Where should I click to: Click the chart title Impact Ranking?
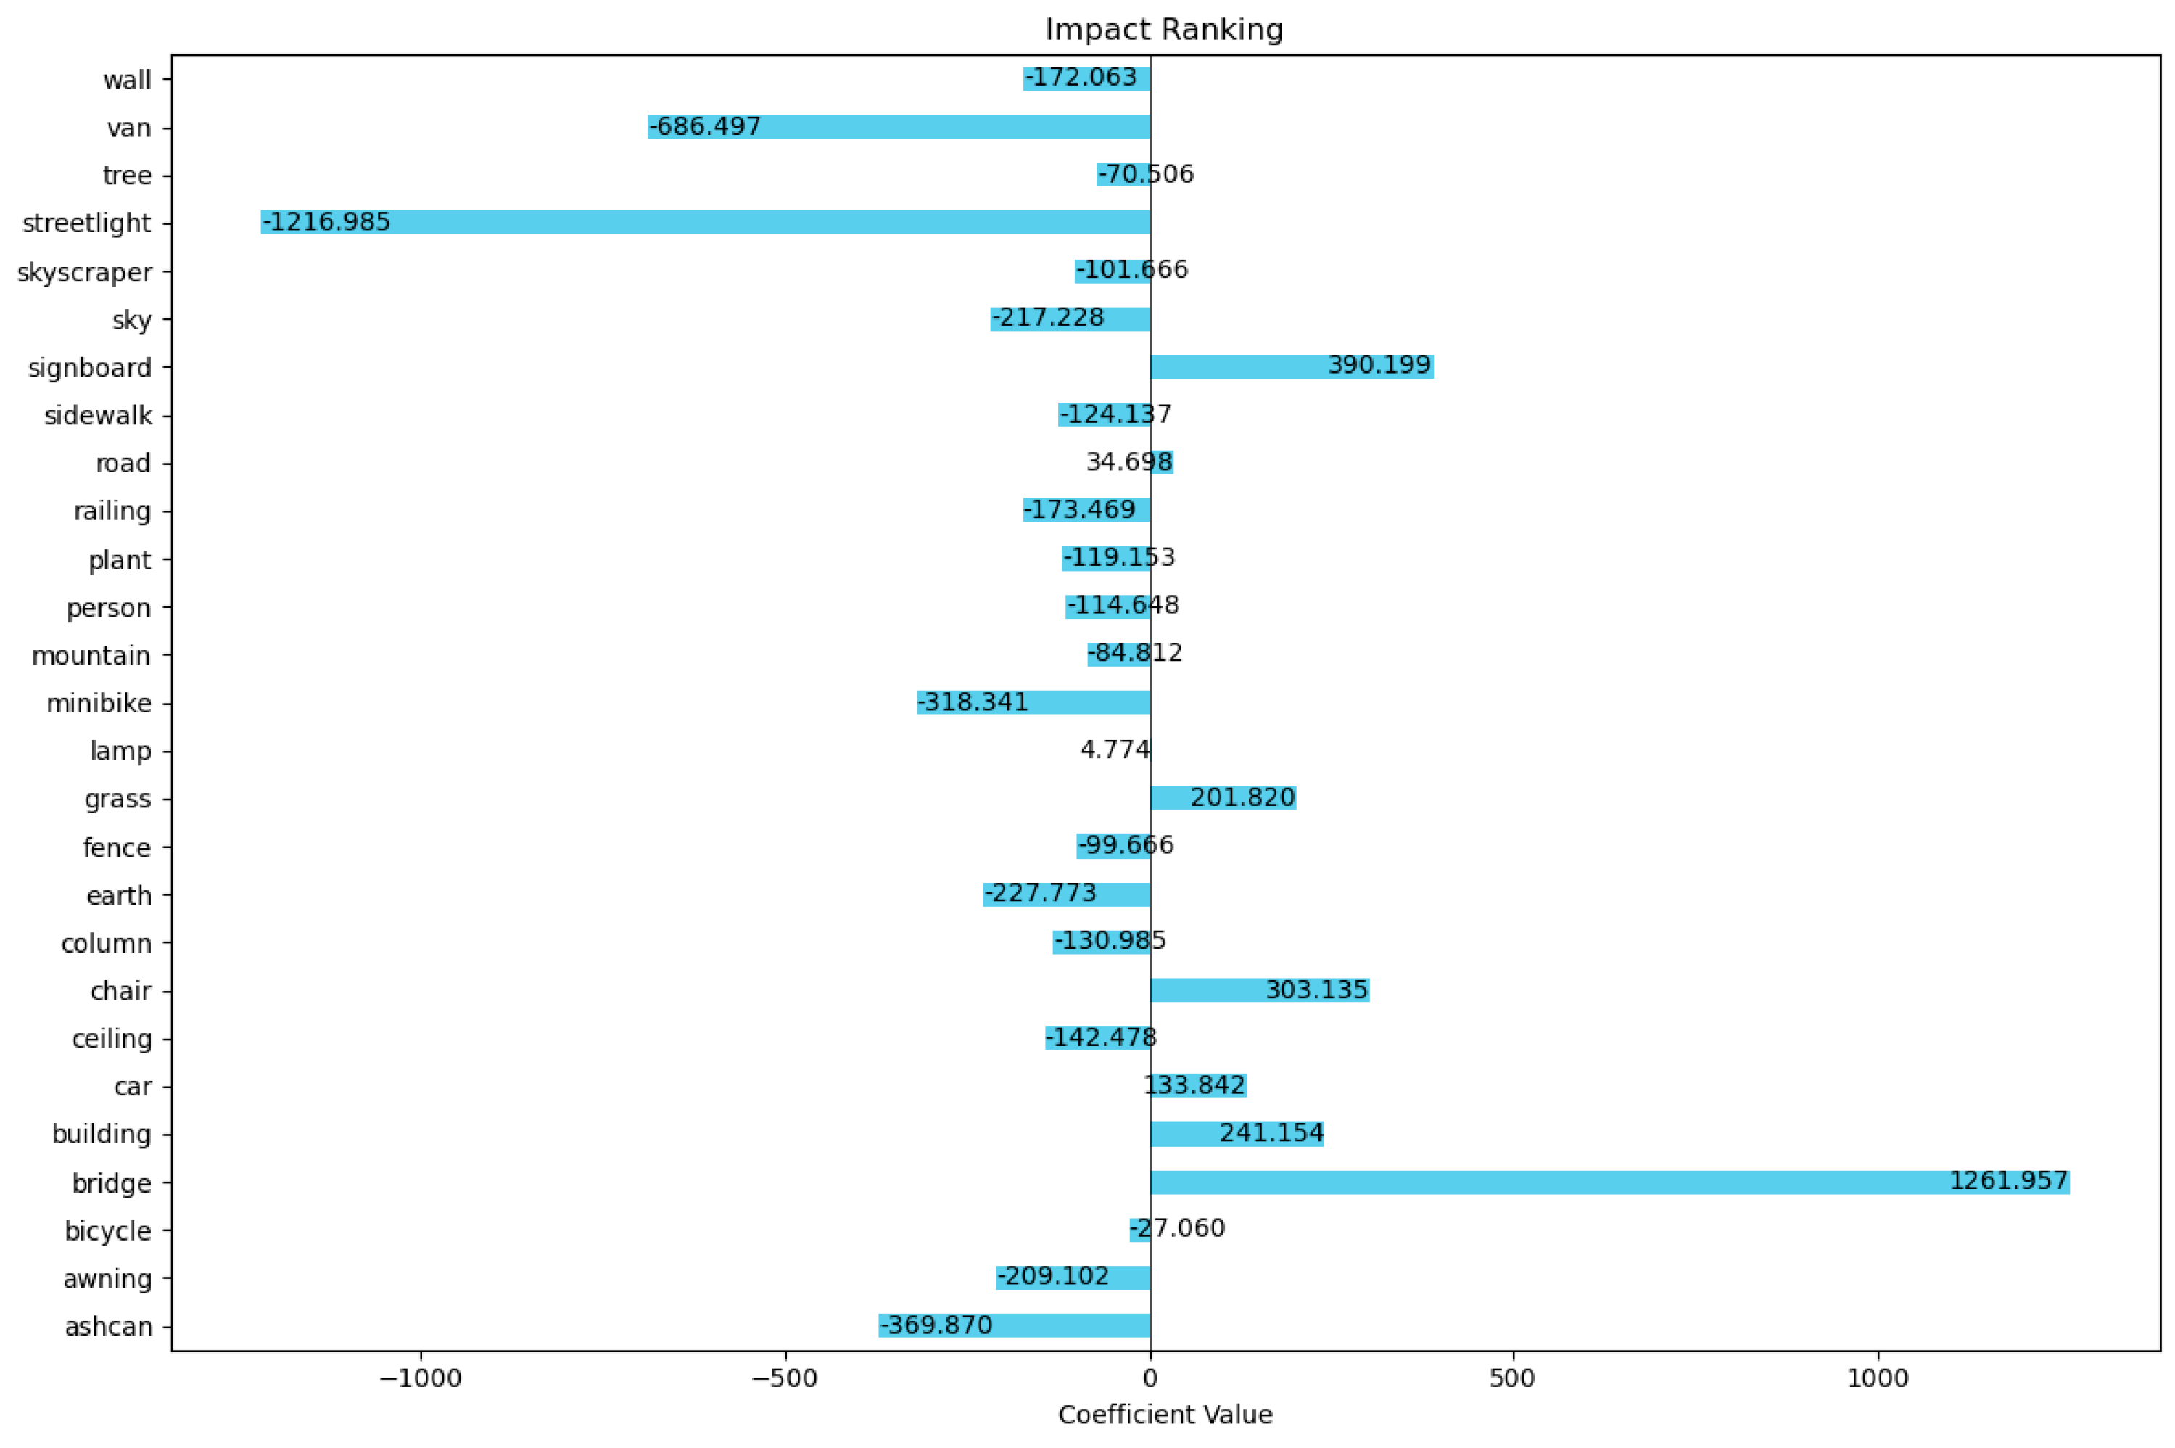[x=1163, y=30]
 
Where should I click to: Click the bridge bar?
[x=1609, y=1182]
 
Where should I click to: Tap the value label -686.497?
[x=706, y=126]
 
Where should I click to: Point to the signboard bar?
[x=1291, y=366]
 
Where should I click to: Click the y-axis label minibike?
[x=99, y=704]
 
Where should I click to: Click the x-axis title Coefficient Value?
[x=1164, y=1415]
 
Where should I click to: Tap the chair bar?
[x=1259, y=990]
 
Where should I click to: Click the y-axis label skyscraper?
[x=84, y=273]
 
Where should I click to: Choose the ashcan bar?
[x=1014, y=1325]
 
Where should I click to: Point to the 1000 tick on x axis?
[x=1877, y=1379]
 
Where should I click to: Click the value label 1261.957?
[x=2007, y=1180]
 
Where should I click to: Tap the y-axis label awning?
[x=107, y=1279]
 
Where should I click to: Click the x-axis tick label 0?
[x=1150, y=1379]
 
